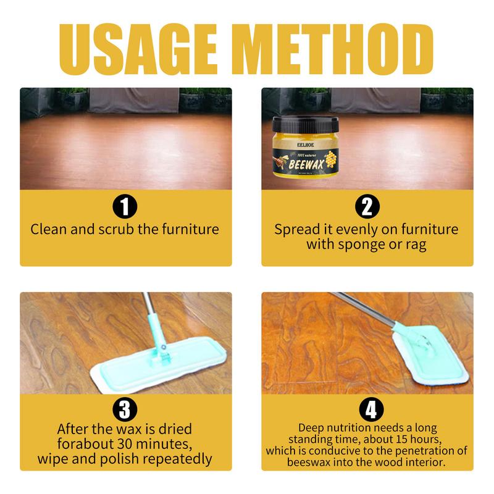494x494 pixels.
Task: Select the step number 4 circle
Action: [x=367, y=408]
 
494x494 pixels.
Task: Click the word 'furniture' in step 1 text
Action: [x=187, y=230]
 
